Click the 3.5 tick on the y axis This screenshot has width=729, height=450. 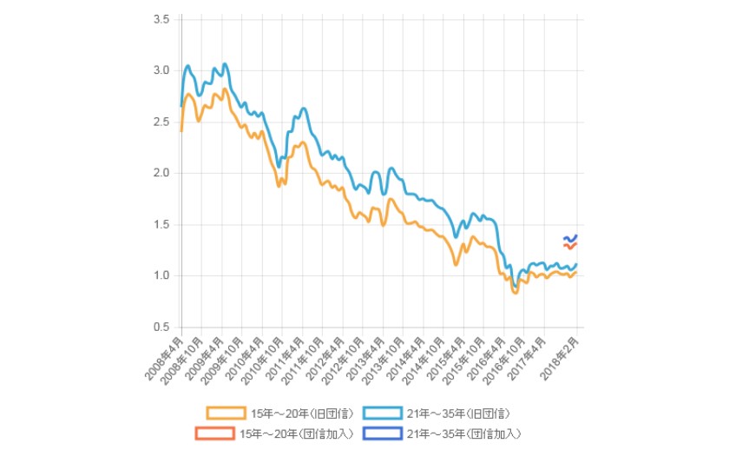click(x=161, y=19)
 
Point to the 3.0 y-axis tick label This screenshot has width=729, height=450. click(x=161, y=70)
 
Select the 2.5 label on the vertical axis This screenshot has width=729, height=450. click(x=161, y=122)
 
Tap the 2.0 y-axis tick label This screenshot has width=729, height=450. click(x=161, y=173)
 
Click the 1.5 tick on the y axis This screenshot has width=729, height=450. click(x=161, y=225)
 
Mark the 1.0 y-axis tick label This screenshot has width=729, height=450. click(x=161, y=276)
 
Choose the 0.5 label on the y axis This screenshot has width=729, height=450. click(x=161, y=328)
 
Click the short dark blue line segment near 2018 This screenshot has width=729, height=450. click(x=570, y=238)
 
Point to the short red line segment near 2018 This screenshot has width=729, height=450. click(x=570, y=246)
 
